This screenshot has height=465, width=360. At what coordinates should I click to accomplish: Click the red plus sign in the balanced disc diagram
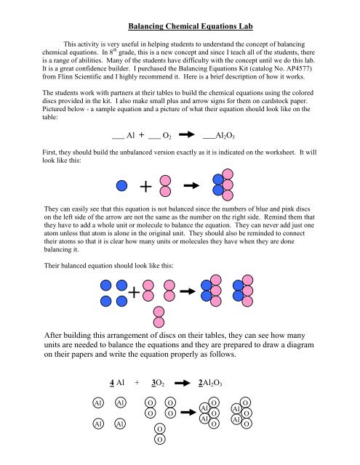134,293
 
